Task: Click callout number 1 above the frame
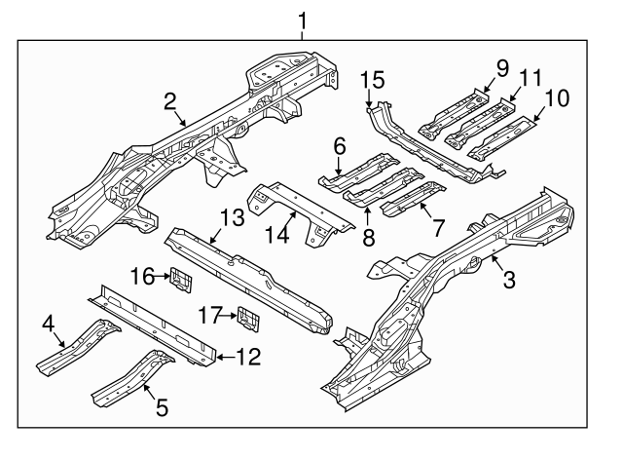pyautogui.click(x=304, y=19)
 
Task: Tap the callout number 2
pyautogui.click(x=170, y=100)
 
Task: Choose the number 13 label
pyautogui.click(x=231, y=216)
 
